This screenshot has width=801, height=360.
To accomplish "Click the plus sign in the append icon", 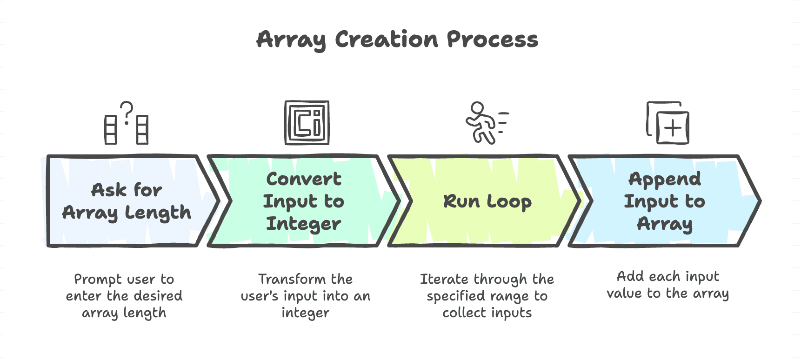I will pyautogui.click(x=673, y=128).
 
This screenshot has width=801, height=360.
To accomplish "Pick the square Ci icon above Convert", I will pyautogui.click(x=307, y=123).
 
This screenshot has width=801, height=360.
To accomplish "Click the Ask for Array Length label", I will pyautogui.click(x=127, y=201).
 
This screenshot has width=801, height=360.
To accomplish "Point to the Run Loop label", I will pyautogui.click(x=487, y=201).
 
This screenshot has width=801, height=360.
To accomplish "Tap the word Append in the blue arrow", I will pyautogui.click(x=665, y=179).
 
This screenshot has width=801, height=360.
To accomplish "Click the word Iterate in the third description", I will pyautogui.click(x=444, y=279).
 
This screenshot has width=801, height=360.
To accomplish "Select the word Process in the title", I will pyautogui.click(x=493, y=40).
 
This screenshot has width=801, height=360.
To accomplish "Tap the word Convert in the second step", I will pyautogui.click(x=304, y=179).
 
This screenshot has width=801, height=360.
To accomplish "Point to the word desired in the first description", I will pyautogui.click(x=158, y=296).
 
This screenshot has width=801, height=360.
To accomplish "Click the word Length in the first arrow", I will pyautogui.click(x=158, y=213).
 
